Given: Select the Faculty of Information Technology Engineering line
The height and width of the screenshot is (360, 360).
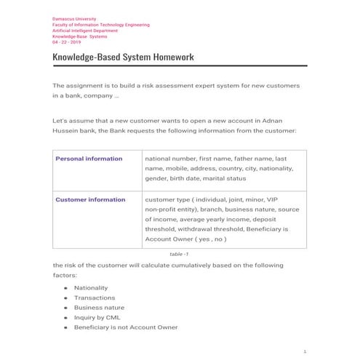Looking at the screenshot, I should [101, 24].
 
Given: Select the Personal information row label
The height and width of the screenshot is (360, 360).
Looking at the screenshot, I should [89, 159].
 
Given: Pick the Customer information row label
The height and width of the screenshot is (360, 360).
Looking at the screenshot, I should [91, 199].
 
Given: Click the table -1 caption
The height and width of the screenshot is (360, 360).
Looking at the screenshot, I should [179, 254].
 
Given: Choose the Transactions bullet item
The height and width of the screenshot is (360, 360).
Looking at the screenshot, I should [94, 297].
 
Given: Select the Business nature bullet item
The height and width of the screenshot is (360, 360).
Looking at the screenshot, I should [97, 308].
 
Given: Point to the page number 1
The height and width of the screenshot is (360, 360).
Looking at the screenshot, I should [305, 351].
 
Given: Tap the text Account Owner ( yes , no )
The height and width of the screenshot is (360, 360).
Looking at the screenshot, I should [185, 239].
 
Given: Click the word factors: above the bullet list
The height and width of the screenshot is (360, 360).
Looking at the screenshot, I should [70, 276].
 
